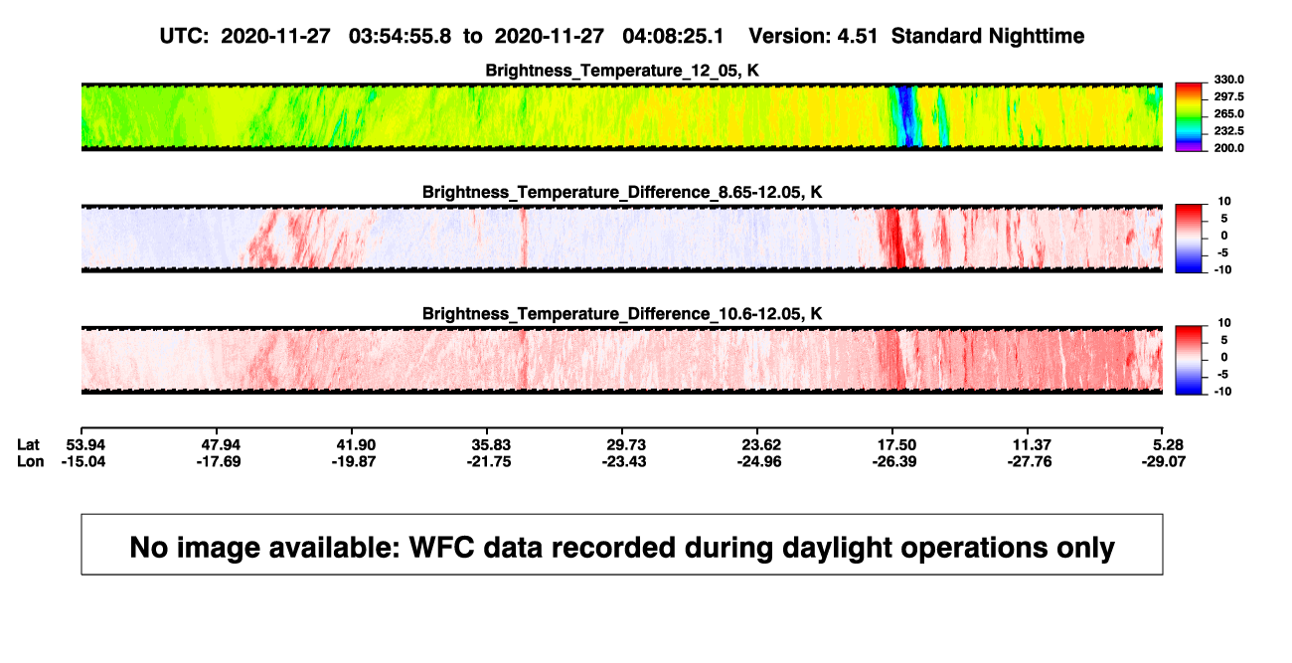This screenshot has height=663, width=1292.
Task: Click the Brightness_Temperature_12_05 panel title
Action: point(622,71)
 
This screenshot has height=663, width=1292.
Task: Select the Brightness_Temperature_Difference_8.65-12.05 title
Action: point(622,192)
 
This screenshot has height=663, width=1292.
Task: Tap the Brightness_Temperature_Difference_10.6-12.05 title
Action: point(622,314)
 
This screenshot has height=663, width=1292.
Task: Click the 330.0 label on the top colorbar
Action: point(1228,80)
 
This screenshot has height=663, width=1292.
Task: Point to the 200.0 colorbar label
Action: point(1228,148)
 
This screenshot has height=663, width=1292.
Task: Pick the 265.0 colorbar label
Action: point(1228,113)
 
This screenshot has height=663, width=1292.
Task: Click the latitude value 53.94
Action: point(85,445)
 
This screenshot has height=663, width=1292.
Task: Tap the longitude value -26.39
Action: point(894,461)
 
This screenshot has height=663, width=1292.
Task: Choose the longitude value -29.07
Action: point(1164,461)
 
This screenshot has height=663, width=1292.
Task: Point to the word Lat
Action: point(28,445)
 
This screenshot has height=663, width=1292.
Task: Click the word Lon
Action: point(30,461)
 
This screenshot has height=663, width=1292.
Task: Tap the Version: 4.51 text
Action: point(813,37)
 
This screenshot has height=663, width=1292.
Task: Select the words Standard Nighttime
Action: point(988,37)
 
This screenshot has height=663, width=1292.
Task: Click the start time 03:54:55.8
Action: point(400,37)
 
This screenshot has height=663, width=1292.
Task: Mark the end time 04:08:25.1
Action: point(673,37)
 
